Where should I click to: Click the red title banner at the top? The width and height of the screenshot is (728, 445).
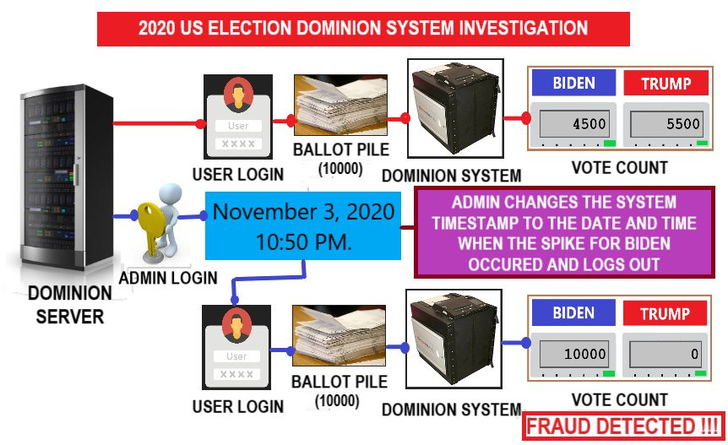click(363, 29)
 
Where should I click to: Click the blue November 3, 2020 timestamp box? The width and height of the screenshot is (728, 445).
click(303, 225)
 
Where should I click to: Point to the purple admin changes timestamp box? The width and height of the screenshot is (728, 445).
click(564, 232)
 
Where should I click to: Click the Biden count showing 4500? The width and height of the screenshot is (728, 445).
click(573, 124)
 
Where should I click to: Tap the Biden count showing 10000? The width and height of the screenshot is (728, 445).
click(573, 355)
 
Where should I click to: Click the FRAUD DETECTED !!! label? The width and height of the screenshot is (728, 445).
click(623, 426)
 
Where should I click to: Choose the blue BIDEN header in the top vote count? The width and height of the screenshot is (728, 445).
click(573, 84)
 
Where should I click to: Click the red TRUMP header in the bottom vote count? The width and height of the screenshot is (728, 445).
click(666, 314)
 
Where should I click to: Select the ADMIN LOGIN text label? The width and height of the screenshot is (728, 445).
click(168, 277)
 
